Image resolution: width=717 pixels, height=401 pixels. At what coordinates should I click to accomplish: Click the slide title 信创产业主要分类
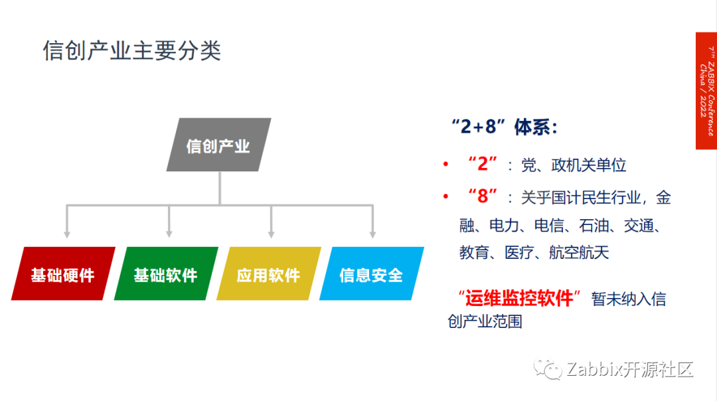pos(131,51)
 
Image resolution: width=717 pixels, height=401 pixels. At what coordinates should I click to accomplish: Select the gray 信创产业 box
pos(218,145)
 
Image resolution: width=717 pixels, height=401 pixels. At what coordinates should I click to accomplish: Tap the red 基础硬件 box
pos(63,274)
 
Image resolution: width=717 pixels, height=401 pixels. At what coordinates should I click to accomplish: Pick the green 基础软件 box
pos(166,274)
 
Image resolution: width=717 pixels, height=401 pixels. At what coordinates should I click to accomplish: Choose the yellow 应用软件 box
pos(269,274)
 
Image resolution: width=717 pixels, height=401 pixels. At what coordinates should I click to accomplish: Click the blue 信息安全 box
pos(371,274)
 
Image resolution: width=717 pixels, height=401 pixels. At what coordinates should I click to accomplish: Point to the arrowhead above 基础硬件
pos(66,233)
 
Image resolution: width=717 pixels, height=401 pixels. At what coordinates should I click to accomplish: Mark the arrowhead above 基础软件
pos(169,233)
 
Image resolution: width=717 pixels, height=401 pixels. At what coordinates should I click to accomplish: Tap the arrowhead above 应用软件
pos(271,233)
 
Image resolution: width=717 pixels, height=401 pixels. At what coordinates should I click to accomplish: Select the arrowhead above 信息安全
pos(372,233)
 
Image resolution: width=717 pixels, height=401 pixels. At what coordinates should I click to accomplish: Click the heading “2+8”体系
pos(504,127)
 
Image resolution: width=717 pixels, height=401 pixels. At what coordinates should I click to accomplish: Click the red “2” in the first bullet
pos(483,164)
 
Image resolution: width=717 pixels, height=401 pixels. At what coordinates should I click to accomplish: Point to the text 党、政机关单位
pos(574,165)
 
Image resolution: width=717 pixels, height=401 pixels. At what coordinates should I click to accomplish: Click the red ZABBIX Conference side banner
pos(706,90)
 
